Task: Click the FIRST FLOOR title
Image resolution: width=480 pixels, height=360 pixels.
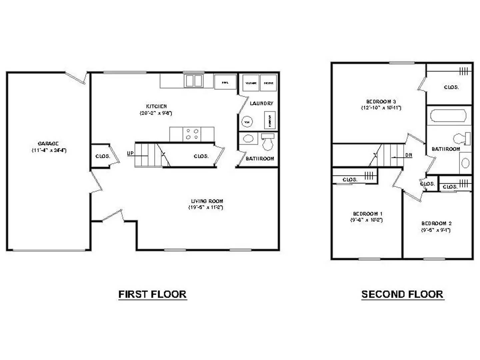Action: coord(152,294)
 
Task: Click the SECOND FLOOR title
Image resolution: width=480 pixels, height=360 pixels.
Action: coord(402,294)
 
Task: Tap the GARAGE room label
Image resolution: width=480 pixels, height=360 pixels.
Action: coord(48,144)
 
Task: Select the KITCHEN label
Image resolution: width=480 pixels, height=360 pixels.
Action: coord(156,106)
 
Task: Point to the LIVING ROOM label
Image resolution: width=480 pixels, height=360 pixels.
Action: coord(207,201)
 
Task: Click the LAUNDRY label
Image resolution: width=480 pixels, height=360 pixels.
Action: coord(261,103)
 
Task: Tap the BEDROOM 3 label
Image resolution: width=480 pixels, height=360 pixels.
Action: coord(381,102)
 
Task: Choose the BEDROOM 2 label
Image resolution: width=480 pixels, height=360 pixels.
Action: coord(436,223)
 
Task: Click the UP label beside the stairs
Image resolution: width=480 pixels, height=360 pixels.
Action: coord(130,153)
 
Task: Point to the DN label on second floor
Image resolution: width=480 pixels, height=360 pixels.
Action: coord(409,155)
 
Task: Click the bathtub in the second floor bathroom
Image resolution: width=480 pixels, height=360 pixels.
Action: coord(448,116)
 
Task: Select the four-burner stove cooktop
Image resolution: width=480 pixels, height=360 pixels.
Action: coord(192,134)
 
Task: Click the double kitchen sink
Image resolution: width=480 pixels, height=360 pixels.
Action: coord(194,81)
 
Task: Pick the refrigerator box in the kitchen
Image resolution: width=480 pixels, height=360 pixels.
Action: coord(225,82)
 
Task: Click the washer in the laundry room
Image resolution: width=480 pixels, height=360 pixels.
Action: coord(251,83)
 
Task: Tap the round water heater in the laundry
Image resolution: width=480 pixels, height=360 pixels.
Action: coord(247,122)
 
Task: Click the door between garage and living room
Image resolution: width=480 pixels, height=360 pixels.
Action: coord(96,182)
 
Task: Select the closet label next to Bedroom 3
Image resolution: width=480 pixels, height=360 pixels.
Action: coord(451,87)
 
